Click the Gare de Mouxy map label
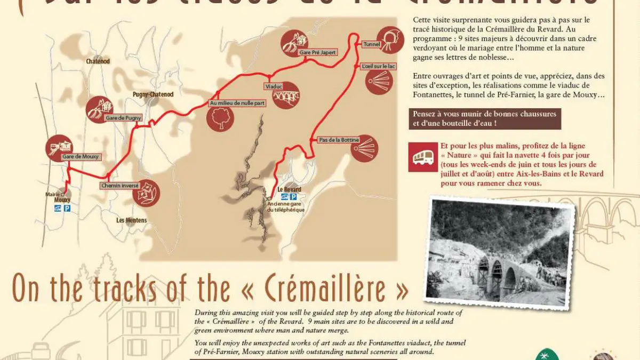(x=81, y=157)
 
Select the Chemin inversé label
(x=119, y=186)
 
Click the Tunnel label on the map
(x=371, y=44)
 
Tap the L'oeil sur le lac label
(x=378, y=66)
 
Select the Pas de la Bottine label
(x=339, y=140)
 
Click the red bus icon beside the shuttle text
(x=423, y=157)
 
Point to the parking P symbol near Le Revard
(x=293, y=197)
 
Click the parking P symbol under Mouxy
(x=67, y=209)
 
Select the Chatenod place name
(x=98, y=61)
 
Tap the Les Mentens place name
(x=131, y=220)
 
